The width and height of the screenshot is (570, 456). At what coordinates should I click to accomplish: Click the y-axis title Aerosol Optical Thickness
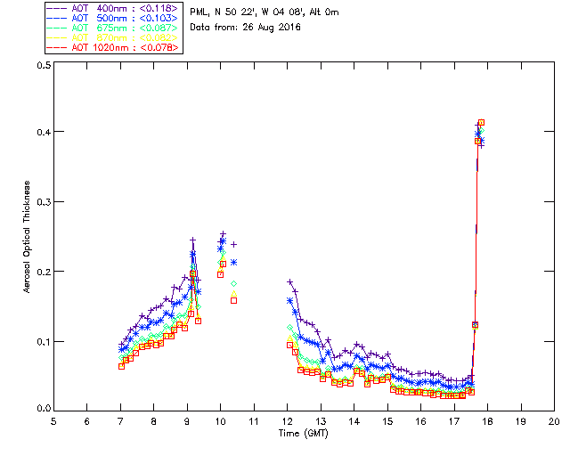tap(28, 237)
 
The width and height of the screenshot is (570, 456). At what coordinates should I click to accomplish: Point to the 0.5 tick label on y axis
tap(42, 65)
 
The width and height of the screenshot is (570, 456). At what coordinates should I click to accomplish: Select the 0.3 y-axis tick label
tap(42, 202)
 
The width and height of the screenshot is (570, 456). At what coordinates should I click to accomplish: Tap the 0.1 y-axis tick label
tap(42, 340)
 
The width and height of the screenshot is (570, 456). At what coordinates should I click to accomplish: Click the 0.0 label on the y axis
tap(42, 409)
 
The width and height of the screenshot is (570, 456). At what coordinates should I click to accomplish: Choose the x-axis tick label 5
tap(53, 420)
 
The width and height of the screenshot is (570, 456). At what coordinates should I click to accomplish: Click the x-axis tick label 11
tap(254, 420)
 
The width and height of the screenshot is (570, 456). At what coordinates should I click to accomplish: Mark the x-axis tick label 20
tap(554, 420)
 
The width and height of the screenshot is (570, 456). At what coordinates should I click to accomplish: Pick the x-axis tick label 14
tap(354, 420)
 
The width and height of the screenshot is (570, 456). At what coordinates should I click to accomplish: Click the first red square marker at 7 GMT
tap(121, 366)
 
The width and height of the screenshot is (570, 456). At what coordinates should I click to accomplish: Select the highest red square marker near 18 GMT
tap(482, 123)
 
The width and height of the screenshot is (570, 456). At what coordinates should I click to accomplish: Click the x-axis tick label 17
tap(454, 420)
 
